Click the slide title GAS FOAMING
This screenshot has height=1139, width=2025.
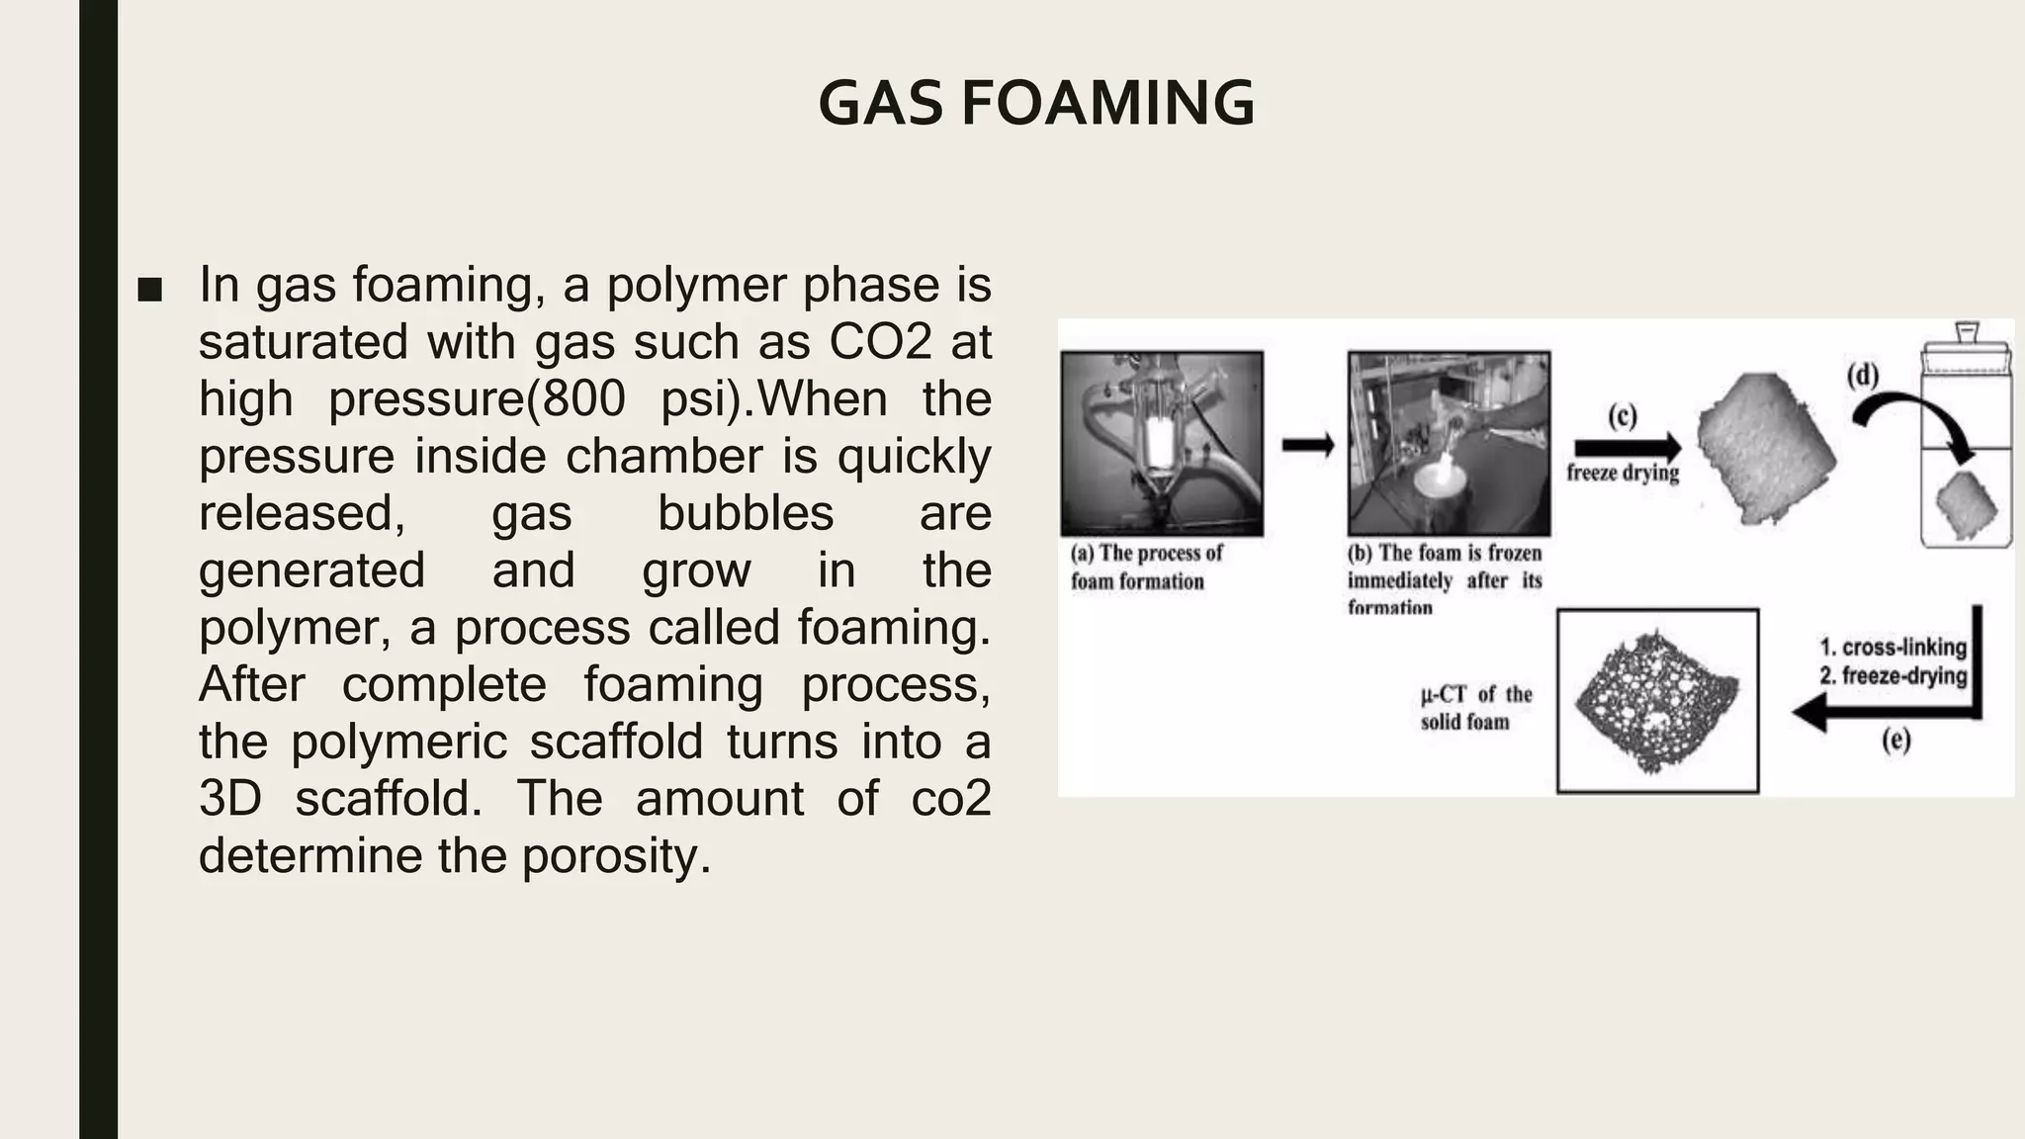(1036, 103)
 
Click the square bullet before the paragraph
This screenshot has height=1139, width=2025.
(150, 290)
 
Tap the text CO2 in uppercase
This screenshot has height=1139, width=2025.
(880, 342)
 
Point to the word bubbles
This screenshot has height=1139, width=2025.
(746, 513)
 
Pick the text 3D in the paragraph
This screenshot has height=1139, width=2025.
(230, 798)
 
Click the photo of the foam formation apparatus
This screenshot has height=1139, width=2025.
(1162, 444)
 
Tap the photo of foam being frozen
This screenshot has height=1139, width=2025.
(1449, 444)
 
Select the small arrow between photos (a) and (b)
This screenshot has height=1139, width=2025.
(1307, 445)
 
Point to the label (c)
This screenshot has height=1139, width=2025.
(1623, 415)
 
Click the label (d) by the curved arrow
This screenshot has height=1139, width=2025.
(1863, 376)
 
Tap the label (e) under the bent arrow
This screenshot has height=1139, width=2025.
(1895, 740)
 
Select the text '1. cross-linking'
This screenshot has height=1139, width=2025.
(1893, 648)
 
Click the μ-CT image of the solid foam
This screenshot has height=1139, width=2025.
(1657, 700)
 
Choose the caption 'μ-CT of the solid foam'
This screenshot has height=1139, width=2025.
(1475, 708)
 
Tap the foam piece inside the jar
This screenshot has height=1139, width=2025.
(1967, 504)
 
